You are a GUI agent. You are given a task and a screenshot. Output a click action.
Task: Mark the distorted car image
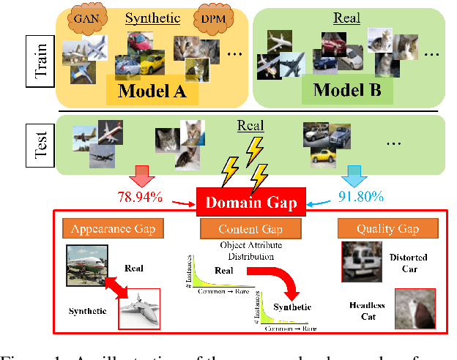362,260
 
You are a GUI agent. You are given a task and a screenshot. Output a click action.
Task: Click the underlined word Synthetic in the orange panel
152,18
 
